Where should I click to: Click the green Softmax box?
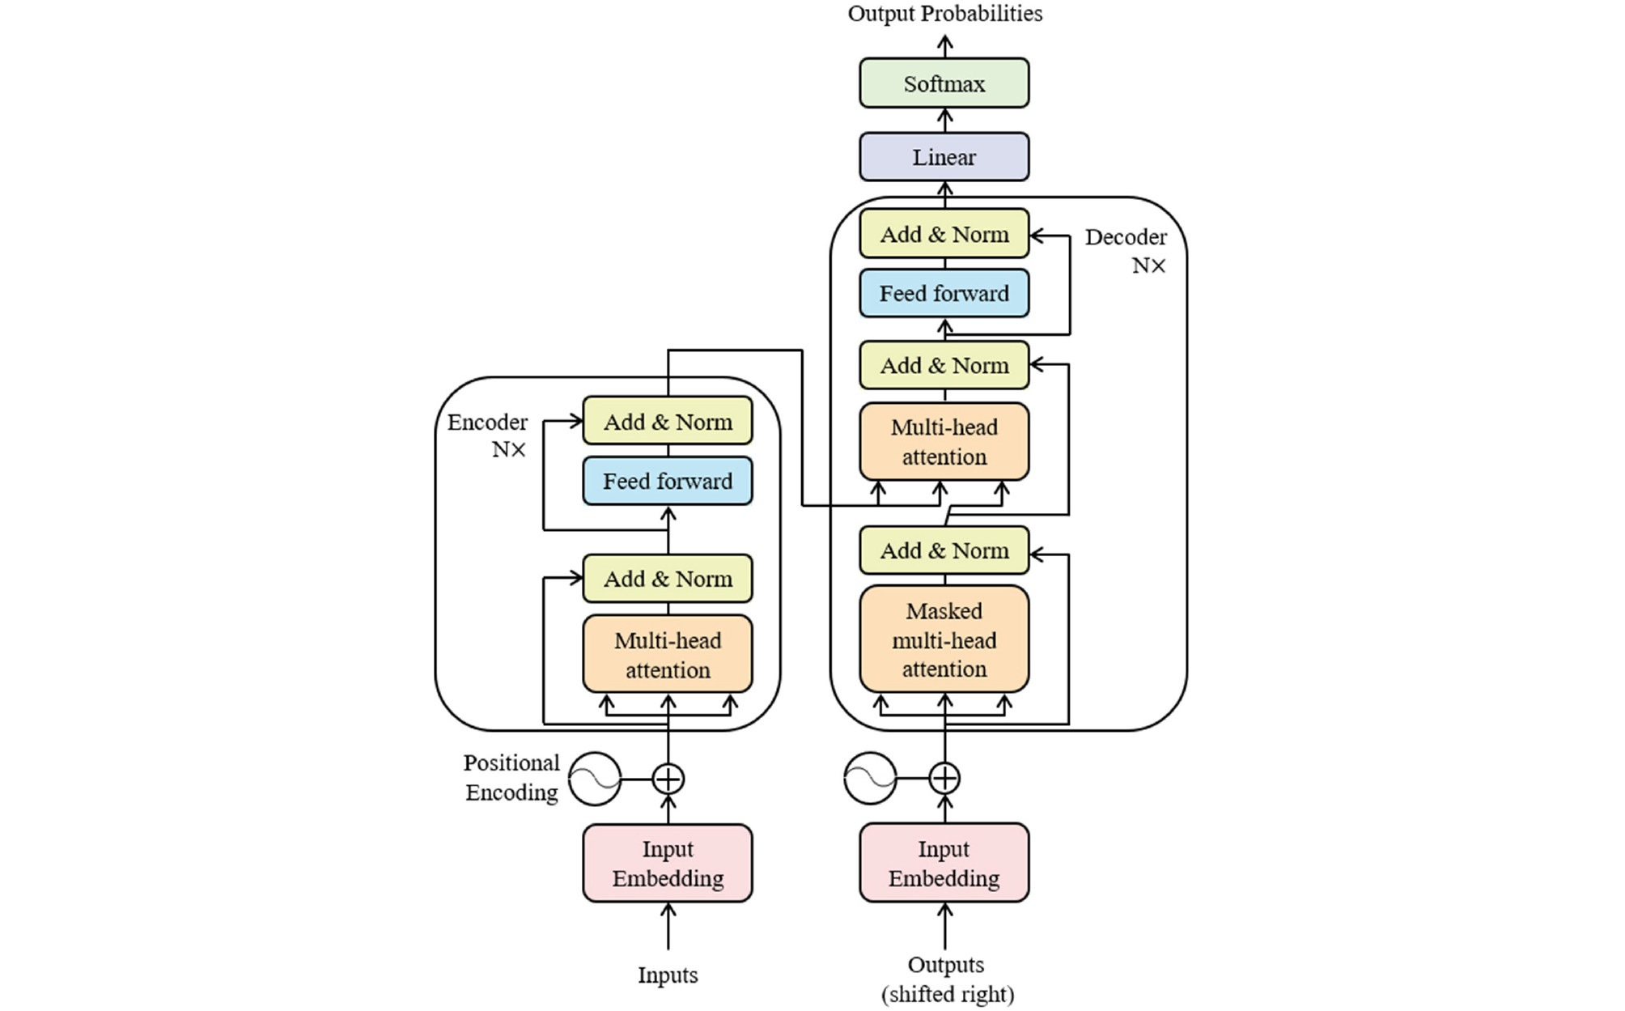point(944,83)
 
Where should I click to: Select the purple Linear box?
point(944,156)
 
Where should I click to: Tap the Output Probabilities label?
point(944,13)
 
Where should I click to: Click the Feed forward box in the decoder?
point(944,293)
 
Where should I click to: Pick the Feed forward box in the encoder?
point(668,481)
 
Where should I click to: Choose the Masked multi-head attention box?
point(944,639)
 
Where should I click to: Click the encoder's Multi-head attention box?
point(668,654)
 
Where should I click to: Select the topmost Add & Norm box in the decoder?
point(944,234)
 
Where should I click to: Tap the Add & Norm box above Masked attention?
point(944,550)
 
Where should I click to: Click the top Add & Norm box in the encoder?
point(668,421)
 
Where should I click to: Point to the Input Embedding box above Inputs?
point(668,863)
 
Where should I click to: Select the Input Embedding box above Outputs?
point(944,863)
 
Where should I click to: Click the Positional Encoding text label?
point(511,777)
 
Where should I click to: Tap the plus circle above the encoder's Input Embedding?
point(668,779)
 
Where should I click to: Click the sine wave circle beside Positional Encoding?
point(595,779)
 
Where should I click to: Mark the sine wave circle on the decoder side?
point(870,779)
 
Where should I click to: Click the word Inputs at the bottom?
point(668,975)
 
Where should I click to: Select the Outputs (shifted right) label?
point(947,979)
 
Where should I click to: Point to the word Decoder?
point(1126,237)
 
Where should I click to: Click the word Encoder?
point(487,422)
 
